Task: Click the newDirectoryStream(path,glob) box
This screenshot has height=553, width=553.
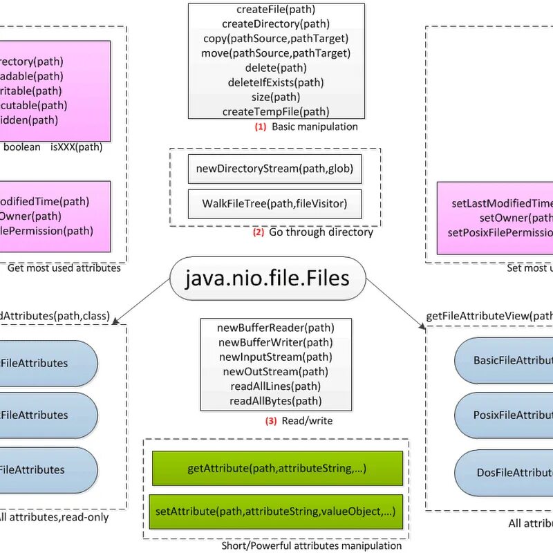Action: pyautogui.click(x=274, y=169)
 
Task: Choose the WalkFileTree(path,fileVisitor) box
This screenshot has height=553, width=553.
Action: pyautogui.click(x=274, y=203)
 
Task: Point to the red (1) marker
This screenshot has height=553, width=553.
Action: pyautogui.click(x=260, y=127)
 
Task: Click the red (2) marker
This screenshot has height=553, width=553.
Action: pyautogui.click(x=258, y=232)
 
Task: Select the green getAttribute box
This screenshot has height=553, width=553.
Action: pyautogui.click(x=276, y=469)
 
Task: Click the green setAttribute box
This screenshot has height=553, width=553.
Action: pyautogui.click(x=276, y=512)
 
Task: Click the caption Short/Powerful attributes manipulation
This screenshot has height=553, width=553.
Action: pyautogui.click(x=311, y=545)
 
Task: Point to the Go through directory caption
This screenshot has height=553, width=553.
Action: pyautogui.click(x=321, y=232)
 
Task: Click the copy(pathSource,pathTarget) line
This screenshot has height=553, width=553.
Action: pyautogui.click(x=276, y=38)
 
